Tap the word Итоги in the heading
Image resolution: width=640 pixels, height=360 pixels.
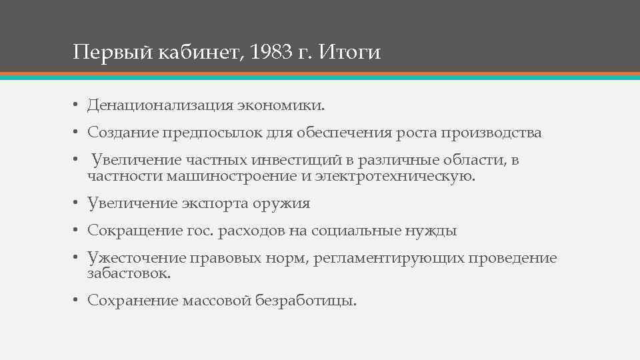click(350, 52)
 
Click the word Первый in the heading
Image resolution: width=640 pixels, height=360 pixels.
click(113, 52)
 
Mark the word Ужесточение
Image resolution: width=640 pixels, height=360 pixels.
click(136, 259)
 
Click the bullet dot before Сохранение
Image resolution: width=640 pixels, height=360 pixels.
click(77, 301)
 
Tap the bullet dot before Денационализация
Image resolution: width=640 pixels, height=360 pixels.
click(77, 106)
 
